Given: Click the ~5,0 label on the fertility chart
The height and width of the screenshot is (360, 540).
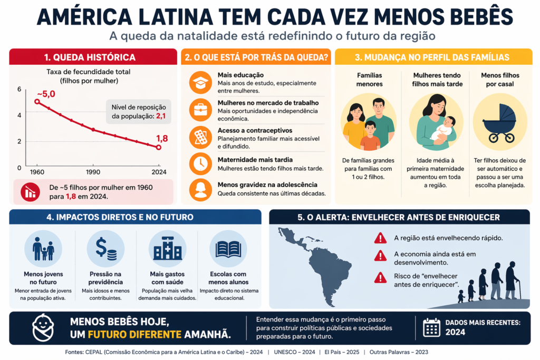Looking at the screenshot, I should tap(46, 94).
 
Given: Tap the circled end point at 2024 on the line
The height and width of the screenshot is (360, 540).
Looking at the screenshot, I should tap(159, 147).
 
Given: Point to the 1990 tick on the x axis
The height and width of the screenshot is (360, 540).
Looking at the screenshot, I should tap(93, 172).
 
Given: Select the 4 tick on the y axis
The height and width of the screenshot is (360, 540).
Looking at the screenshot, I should tap(20, 114).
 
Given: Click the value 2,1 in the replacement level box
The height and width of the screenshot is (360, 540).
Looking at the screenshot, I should tap(161, 115).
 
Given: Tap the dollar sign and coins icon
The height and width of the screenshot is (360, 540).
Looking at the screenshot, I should tap(105, 248).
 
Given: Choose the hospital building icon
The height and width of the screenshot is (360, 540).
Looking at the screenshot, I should tap(167, 248).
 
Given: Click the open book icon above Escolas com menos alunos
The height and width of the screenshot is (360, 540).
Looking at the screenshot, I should tap(228, 248).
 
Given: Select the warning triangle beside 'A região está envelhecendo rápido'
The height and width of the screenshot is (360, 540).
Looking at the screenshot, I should tap(380, 238).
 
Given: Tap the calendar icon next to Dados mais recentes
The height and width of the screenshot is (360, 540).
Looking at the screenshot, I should tap(431, 327).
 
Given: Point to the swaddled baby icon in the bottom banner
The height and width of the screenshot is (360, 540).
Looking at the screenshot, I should tap(43, 327).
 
